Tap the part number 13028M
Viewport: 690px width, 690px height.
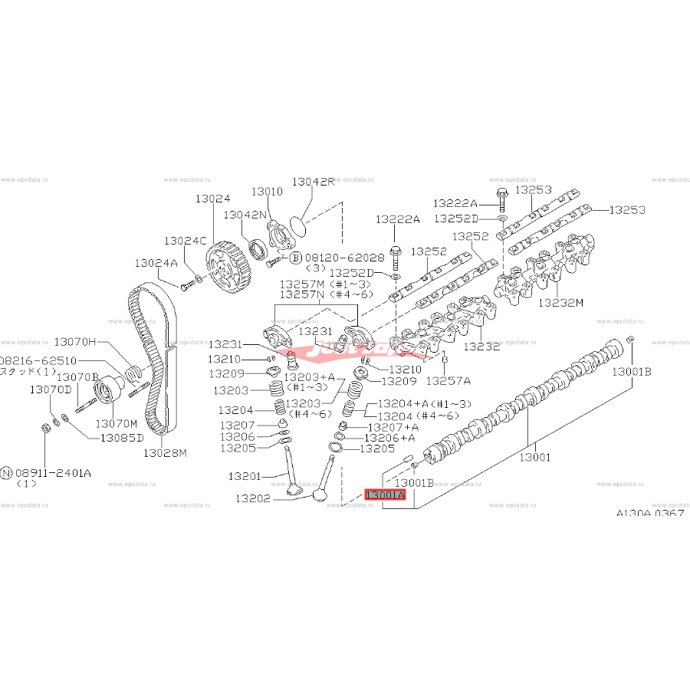point(164,452)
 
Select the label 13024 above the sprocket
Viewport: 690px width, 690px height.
point(212,198)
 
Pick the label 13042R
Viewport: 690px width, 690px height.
point(313,182)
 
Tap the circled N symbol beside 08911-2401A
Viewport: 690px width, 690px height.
point(7,473)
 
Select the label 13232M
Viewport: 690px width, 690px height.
point(560,302)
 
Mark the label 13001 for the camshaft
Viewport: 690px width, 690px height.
point(536,458)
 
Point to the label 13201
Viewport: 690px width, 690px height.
point(246,476)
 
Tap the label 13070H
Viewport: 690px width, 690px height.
point(76,341)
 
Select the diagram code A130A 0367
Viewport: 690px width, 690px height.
point(649,514)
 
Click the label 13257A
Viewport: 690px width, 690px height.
point(449,379)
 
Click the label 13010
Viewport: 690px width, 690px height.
point(268,191)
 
